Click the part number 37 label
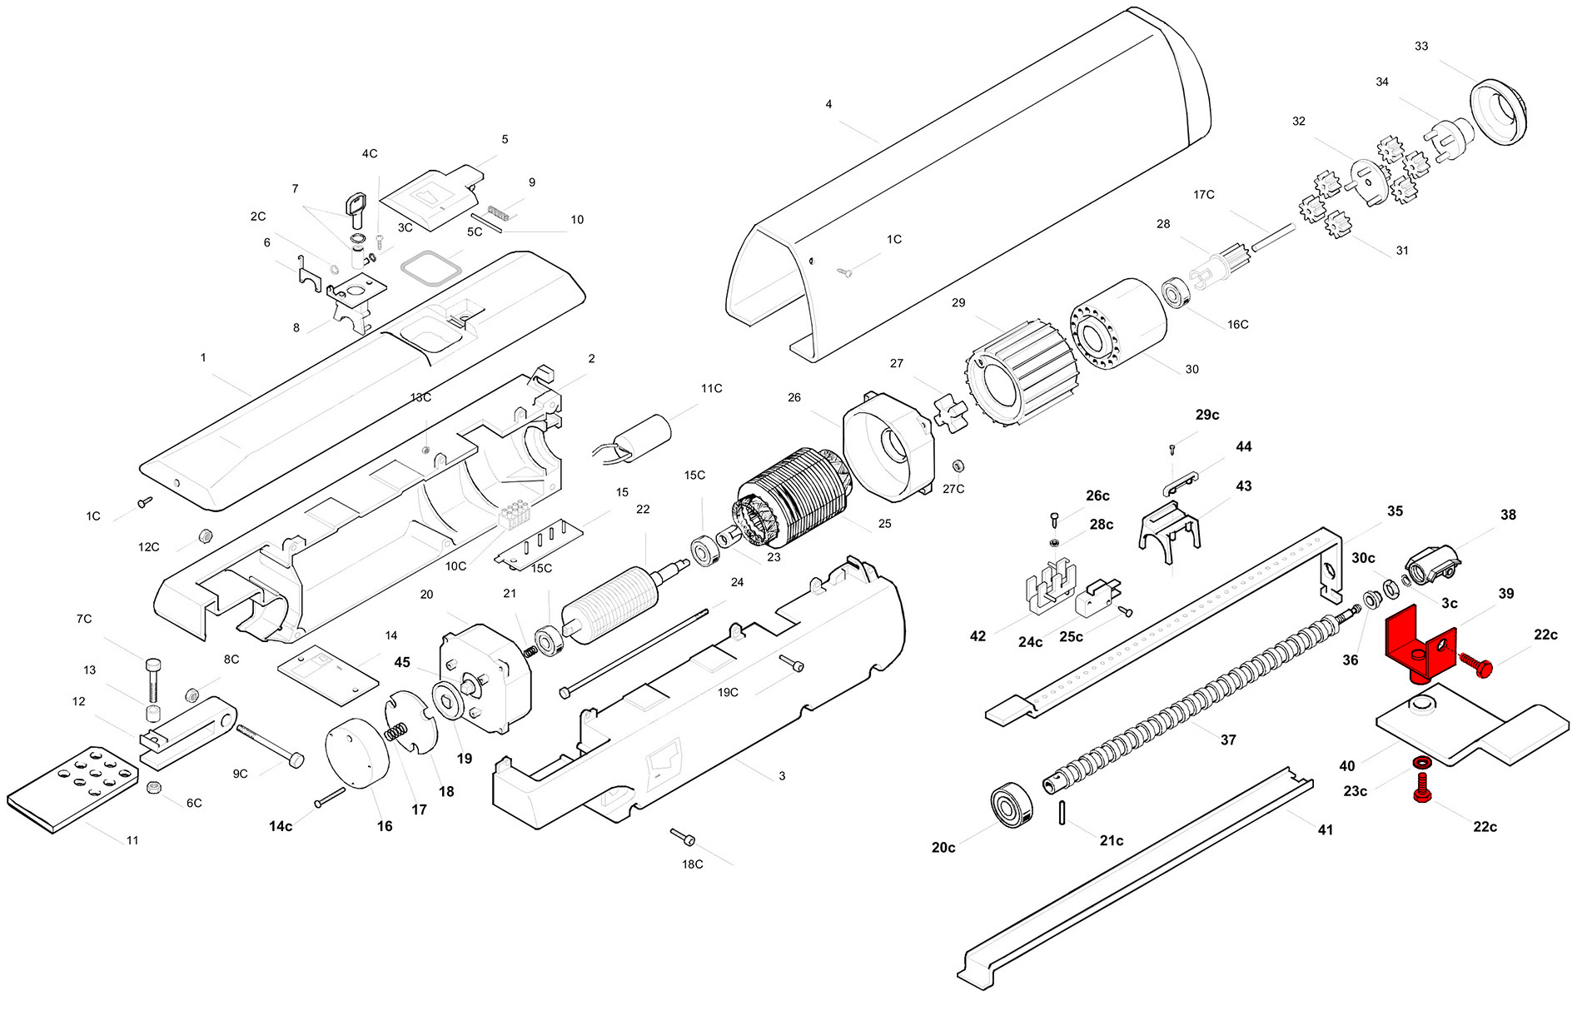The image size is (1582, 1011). pos(1228,740)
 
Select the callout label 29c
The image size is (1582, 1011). pos(1206,415)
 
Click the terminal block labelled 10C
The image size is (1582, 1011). pos(514,516)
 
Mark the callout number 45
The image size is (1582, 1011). pos(402,662)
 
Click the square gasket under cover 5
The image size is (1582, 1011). pos(430,268)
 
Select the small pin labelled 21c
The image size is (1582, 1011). pos(1064,812)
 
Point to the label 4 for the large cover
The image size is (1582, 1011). pos(828,104)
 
